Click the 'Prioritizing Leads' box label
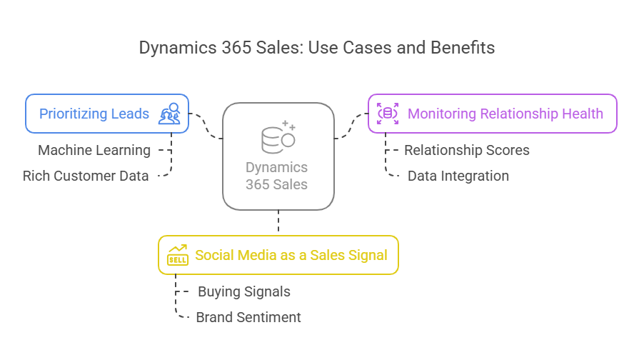coord(94,114)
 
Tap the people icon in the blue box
coord(169,114)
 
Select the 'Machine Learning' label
coord(94,150)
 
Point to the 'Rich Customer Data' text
coord(86,176)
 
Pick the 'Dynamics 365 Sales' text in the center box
coord(276,176)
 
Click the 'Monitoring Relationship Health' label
coord(505,114)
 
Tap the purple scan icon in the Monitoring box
coord(388,114)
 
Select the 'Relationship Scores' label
coord(467,150)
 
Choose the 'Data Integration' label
coord(458,176)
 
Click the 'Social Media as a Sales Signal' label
coord(291,255)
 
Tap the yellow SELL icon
coord(178,255)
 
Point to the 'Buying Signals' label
coord(244,291)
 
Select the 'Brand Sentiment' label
coord(248,317)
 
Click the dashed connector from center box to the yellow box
coord(278,221)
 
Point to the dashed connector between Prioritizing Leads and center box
coord(206,126)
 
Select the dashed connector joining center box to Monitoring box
coord(351,126)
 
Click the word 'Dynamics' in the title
coord(178,48)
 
